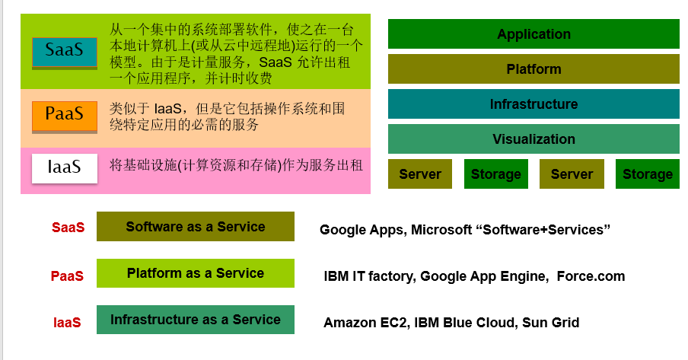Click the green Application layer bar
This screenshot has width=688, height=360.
coord(534,34)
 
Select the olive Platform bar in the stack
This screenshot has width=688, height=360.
coord(534,69)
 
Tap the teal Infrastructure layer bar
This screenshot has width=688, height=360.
coord(534,104)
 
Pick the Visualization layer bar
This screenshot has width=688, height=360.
coord(534,139)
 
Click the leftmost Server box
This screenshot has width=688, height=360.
coord(420,174)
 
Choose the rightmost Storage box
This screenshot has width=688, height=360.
coord(647,174)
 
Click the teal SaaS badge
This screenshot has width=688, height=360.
coord(65,52)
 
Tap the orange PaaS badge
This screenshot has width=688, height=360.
coord(65,116)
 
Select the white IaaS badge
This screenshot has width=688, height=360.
coord(65,167)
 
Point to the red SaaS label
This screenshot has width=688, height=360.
coord(68,228)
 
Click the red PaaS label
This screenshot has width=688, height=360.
coord(67,276)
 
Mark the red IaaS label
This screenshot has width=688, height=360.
coord(67,323)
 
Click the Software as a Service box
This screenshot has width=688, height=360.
coord(195,227)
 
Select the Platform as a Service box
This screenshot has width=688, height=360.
coord(195,273)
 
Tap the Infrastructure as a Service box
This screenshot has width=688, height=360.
coord(195,320)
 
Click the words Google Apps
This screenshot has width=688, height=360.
coord(361,230)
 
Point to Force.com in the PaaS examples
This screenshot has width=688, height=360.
coord(591,276)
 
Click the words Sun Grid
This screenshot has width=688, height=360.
coord(550,323)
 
